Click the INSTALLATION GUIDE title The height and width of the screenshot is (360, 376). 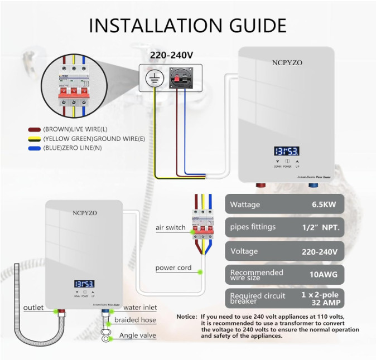pos(187,25)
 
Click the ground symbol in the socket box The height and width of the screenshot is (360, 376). pos(152,78)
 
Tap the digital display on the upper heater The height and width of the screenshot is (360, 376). pos(286,151)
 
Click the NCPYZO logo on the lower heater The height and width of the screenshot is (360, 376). pos(84,213)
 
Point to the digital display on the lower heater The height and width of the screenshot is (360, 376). pos(84,283)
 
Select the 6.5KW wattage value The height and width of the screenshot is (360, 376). pos(324,205)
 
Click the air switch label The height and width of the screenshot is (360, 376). pos(171,227)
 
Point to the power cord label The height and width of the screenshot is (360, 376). pos(173,267)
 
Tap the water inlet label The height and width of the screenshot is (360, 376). pos(140,307)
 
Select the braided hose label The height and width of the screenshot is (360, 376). pos(135,320)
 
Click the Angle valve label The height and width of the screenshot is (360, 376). pos(138,335)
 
